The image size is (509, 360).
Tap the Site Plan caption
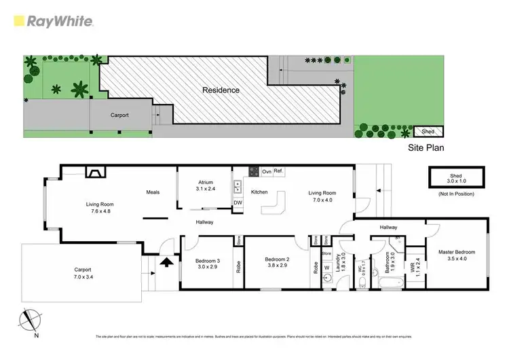tap(425, 146)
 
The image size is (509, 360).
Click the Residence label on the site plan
tap(220, 90)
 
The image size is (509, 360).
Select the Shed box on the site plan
tap(429, 132)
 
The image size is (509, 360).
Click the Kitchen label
tap(260, 192)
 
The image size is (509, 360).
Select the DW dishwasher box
tap(238, 202)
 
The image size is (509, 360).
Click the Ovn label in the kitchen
tap(267, 170)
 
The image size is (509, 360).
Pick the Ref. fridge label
tap(278, 170)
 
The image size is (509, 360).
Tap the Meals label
tap(153, 192)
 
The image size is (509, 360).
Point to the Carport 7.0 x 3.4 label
tap(82, 273)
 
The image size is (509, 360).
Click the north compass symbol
tap(29, 321)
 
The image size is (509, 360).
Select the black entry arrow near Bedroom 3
tap(165, 261)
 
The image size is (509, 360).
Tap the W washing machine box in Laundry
tap(326, 267)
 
